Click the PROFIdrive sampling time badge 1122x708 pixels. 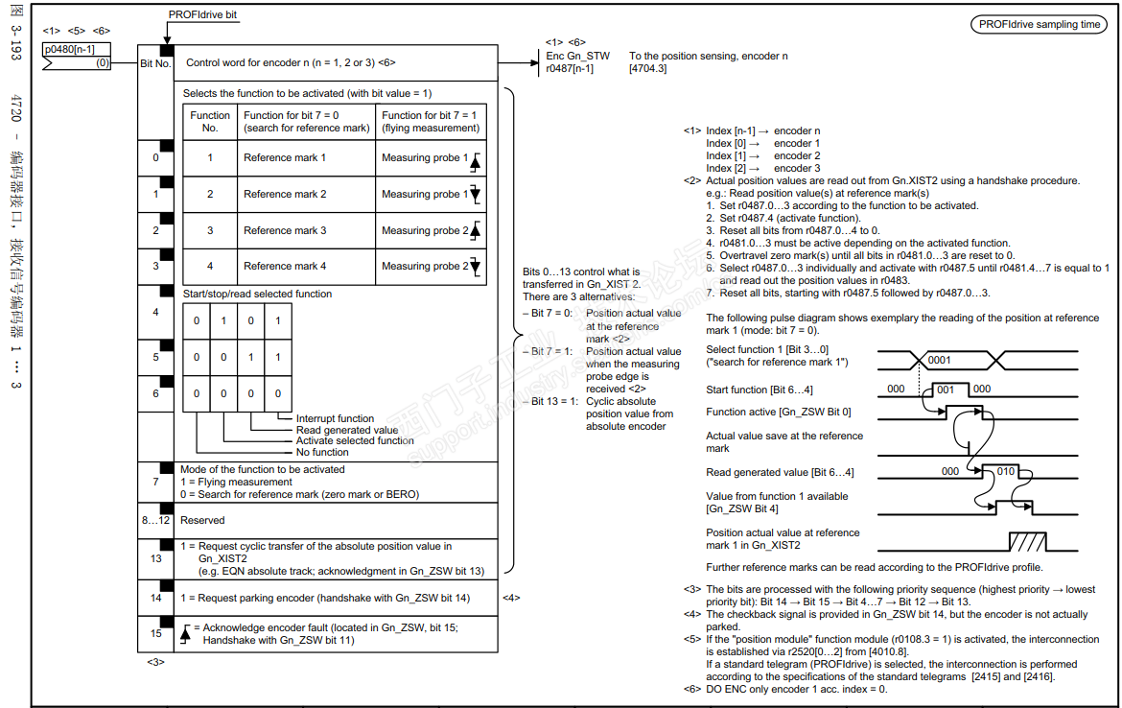pos(1040,25)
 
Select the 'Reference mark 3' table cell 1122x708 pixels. pos(285,230)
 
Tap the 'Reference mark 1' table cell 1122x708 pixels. pos(285,157)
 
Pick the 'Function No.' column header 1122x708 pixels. pos(210,122)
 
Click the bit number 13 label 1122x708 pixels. pos(155,558)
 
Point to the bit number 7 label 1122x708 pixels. pos(155,482)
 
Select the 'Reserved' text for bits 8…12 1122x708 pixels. pos(202,520)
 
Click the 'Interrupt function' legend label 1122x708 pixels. pos(335,418)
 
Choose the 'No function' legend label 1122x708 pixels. pos(322,452)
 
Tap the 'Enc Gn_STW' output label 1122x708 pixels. pos(577,57)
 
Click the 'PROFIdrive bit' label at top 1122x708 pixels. pos(202,15)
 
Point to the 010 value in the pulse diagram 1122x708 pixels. pos(1006,471)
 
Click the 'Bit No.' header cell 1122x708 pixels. pos(155,62)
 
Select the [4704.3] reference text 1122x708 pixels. pos(648,69)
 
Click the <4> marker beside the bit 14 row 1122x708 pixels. pos(511,598)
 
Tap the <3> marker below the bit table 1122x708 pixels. pos(155,661)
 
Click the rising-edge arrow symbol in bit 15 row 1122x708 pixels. pos(185,634)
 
